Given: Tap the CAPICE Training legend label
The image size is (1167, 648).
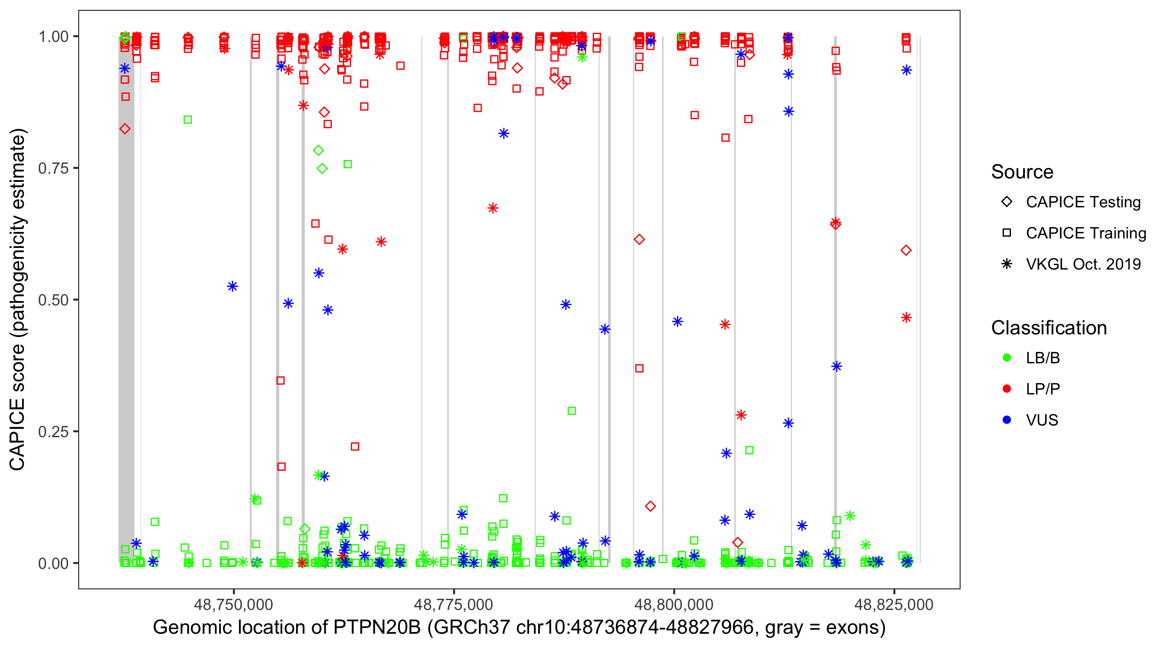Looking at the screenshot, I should click(1086, 233).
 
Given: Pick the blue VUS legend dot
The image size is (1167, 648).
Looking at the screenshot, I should click(1007, 420).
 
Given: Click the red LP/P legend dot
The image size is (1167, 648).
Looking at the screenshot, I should click(1007, 389).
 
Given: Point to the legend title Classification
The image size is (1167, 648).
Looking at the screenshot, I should click(1049, 327).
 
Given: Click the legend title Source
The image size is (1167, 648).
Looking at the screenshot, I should click(1022, 172).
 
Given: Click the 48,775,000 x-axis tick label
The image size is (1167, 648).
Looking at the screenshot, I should click(453, 604).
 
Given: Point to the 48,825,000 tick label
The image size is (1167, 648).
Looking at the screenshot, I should click(894, 604).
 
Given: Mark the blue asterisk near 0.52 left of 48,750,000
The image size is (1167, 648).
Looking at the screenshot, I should click(233, 286).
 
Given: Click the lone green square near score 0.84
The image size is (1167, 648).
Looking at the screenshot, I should click(188, 120).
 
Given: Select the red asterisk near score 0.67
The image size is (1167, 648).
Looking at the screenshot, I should click(493, 208).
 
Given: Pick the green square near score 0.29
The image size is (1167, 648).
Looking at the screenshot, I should click(572, 411).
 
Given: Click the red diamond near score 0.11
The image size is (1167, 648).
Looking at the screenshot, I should click(650, 506).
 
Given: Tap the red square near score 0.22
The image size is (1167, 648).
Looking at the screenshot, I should click(355, 447).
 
